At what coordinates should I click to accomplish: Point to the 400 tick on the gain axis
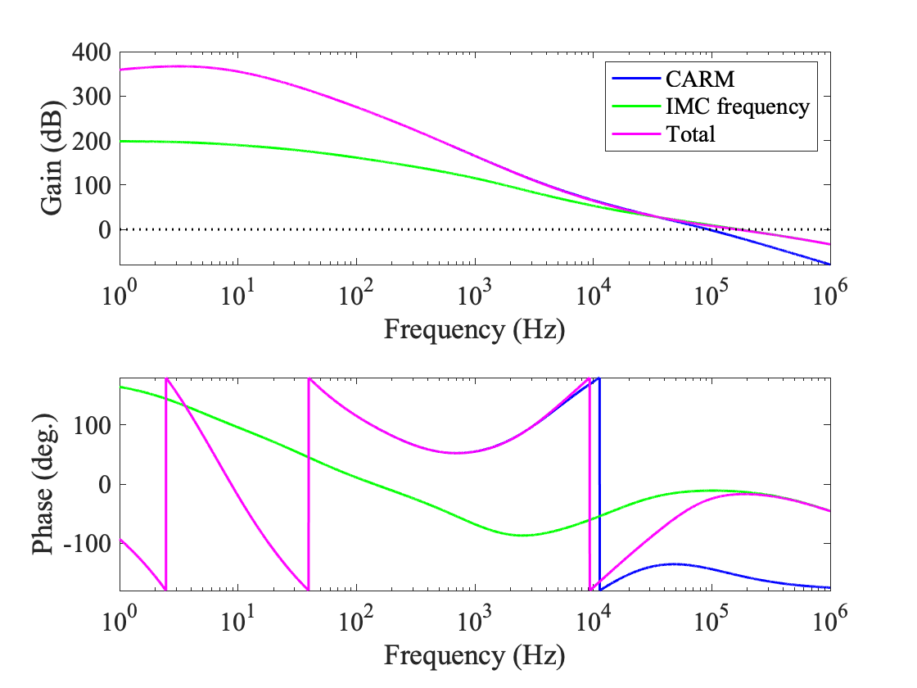coord(93,52)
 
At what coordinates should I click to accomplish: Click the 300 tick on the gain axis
coord(93,96)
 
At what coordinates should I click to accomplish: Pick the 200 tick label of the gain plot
coord(93,141)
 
